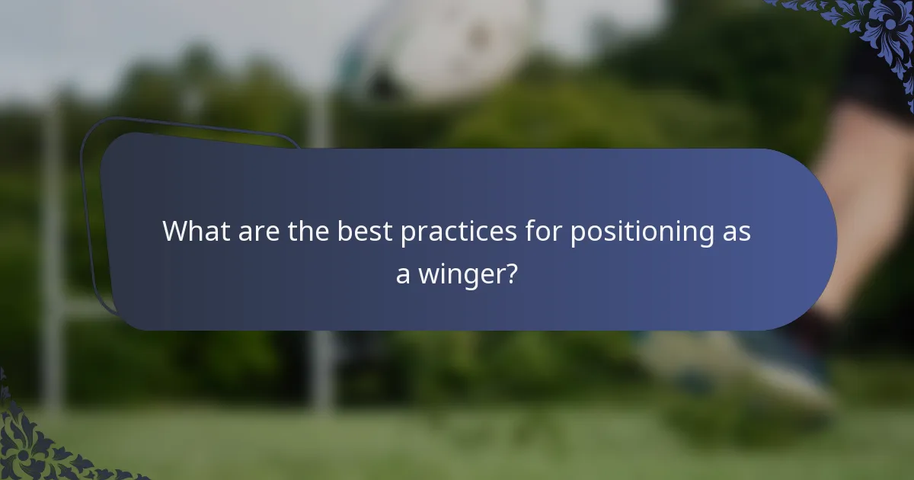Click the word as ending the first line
point(736,232)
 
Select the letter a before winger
point(403,275)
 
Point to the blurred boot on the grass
point(762,366)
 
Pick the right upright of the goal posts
point(321,358)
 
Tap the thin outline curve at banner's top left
point(190,122)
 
